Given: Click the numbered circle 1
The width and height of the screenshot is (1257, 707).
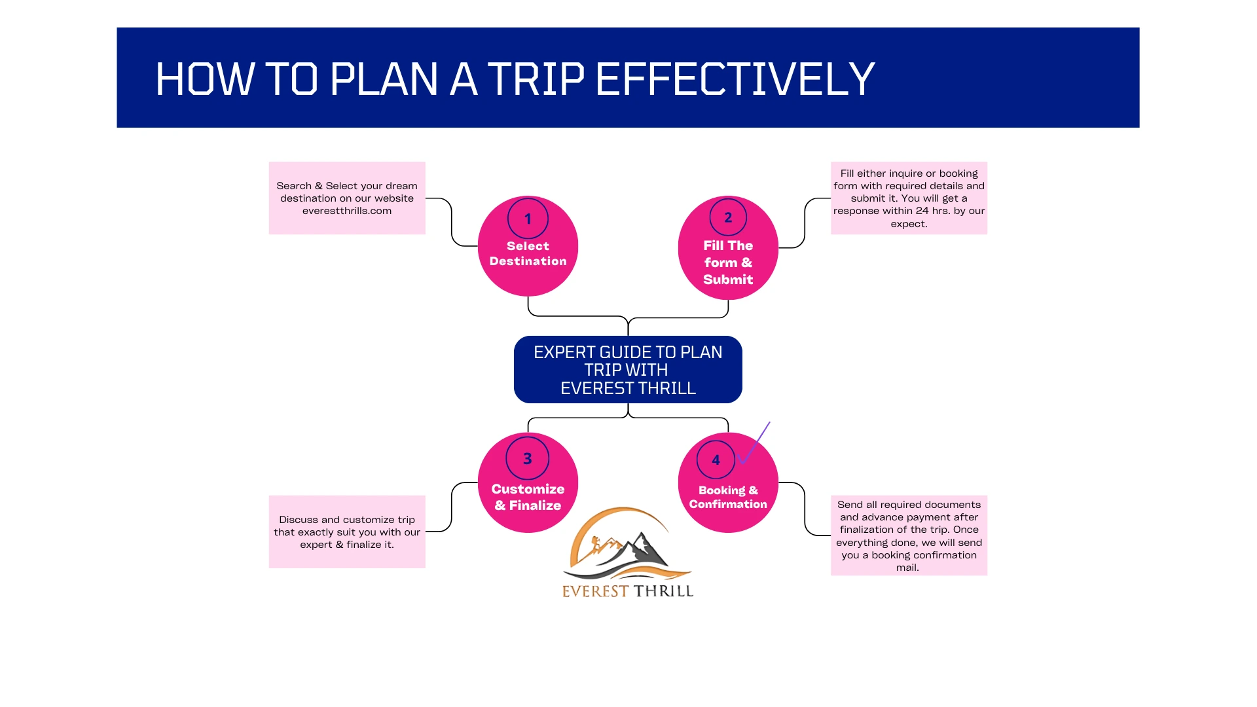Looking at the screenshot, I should (x=528, y=219).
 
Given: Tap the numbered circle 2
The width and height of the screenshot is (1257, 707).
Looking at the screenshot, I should (x=728, y=217).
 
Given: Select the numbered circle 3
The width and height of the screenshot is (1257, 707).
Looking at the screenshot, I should (x=528, y=458).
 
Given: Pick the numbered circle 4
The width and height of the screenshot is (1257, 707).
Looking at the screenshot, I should (x=716, y=460).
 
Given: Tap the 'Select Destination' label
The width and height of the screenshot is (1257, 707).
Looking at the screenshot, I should (x=528, y=254).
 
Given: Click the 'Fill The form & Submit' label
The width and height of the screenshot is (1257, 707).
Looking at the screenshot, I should (x=728, y=263).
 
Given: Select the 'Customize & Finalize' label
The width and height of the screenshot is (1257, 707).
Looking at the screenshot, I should (x=528, y=498).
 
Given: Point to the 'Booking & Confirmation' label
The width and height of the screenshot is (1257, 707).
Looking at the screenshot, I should (x=728, y=498).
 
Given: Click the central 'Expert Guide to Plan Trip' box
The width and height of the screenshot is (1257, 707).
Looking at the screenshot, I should (x=628, y=370).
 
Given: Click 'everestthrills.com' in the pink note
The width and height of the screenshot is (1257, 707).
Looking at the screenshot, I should (x=347, y=211).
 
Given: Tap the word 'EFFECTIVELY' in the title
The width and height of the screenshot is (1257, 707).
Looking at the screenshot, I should (x=735, y=79).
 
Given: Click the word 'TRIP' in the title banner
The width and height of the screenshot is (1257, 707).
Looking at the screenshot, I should (x=536, y=79).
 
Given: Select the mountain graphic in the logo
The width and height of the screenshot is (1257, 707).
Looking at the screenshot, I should (x=628, y=550).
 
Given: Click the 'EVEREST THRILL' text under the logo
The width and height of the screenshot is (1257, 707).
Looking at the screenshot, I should (x=628, y=591).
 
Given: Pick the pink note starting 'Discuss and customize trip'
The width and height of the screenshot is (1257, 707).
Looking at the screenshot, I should (x=347, y=532).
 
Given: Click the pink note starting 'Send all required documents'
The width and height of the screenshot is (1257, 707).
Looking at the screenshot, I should (x=909, y=535).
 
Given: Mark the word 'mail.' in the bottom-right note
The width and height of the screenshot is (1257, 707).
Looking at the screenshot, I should (x=907, y=568).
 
